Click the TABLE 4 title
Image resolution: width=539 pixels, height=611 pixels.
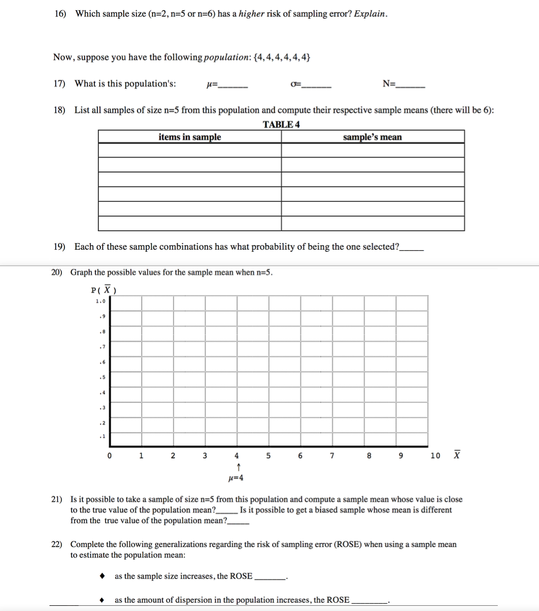tap(281, 124)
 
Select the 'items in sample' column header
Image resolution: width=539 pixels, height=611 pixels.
tap(190, 137)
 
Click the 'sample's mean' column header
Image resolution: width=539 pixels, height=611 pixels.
tap(372, 137)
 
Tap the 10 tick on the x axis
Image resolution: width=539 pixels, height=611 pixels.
tap(435, 456)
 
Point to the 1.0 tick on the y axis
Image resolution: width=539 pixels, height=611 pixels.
tap(100, 301)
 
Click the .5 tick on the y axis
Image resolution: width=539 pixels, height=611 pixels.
tap(102, 378)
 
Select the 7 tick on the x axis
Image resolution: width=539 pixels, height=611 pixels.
tap(332, 456)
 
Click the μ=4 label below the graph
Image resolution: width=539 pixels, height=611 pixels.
tap(235, 478)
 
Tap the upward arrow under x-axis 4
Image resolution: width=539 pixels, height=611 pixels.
tap(236, 467)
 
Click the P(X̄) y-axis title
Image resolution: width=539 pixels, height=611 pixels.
tap(103, 290)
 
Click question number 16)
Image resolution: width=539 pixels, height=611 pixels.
tap(60, 14)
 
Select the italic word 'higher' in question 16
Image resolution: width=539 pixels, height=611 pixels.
tap(251, 14)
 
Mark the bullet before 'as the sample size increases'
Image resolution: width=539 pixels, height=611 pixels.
tap(103, 576)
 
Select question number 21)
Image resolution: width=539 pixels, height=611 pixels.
tap(57, 500)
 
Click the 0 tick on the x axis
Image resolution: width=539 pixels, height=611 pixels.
tap(109, 456)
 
